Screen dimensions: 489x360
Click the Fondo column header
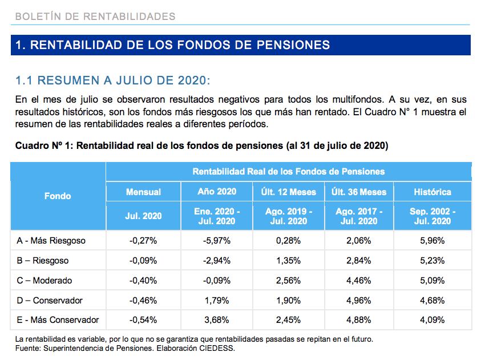(58, 196)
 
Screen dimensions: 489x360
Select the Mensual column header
(143, 192)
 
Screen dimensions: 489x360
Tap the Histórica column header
(433, 192)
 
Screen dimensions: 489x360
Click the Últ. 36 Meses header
(359, 192)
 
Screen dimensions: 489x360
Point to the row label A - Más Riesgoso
(51, 241)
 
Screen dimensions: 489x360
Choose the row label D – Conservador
(50, 301)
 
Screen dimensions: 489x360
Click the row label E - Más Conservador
(58, 320)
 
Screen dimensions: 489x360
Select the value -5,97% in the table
(217, 241)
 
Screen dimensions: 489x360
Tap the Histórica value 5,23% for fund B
(433, 261)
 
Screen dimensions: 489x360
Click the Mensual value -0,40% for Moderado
(143, 281)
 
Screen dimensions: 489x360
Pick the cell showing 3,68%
(217, 320)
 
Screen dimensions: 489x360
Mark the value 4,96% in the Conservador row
(359, 301)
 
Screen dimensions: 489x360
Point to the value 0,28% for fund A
(289, 241)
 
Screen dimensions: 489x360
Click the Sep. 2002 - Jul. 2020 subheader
(433, 216)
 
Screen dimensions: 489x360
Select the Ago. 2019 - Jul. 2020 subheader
(289, 216)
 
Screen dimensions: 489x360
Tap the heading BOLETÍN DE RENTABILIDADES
(95, 16)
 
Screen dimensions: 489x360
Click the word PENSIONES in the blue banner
(293, 45)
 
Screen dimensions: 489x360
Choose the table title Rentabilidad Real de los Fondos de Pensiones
(289, 171)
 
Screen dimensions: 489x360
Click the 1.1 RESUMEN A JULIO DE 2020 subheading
(113, 80)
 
